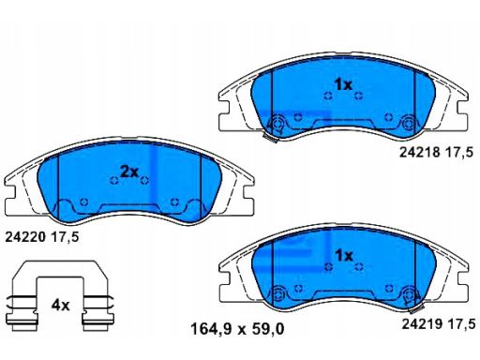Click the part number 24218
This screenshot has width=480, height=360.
pos(420,153)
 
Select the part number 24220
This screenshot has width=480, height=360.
pos(25,238)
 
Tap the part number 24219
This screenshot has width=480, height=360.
pos(422,323)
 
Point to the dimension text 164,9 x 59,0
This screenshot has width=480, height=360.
pos(237,329)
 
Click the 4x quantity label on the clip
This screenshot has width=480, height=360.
pos(60,305)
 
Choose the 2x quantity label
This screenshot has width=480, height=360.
pos(129,172)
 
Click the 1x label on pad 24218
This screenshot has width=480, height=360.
pos(343,84)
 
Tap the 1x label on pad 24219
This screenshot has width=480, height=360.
pos(344,256)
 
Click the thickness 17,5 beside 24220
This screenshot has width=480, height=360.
pos(65,238)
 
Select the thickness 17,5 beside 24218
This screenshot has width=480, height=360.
pos(459,153)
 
